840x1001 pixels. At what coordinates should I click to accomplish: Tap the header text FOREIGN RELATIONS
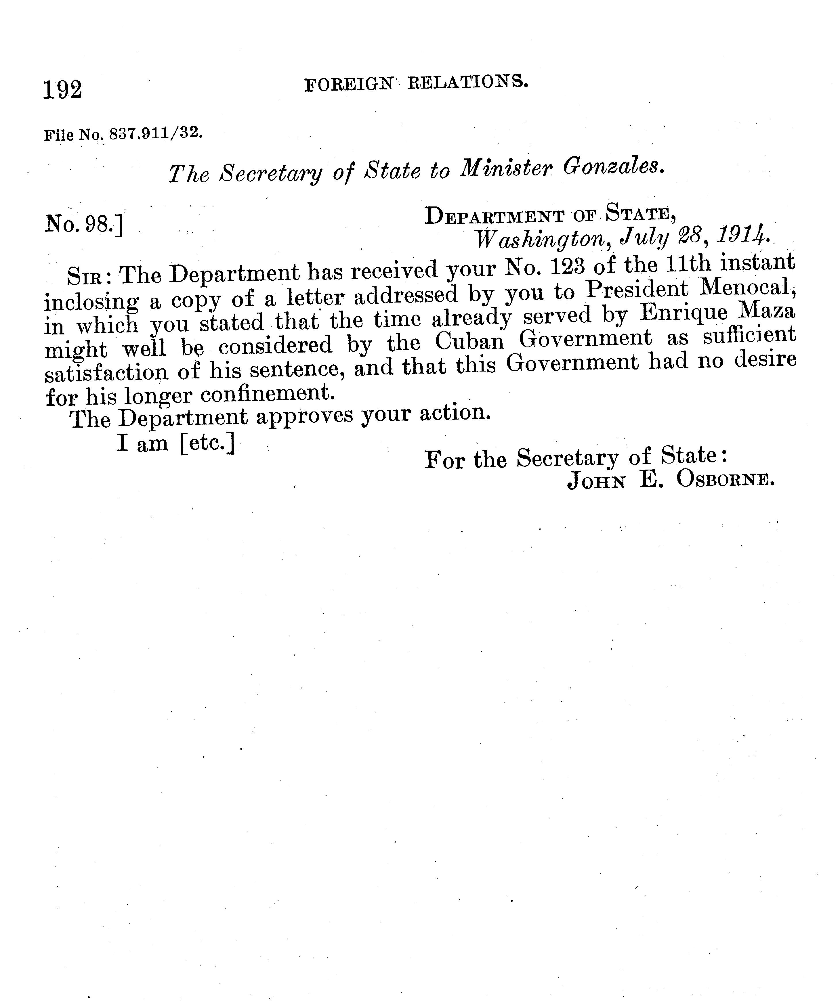pos(416,83)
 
